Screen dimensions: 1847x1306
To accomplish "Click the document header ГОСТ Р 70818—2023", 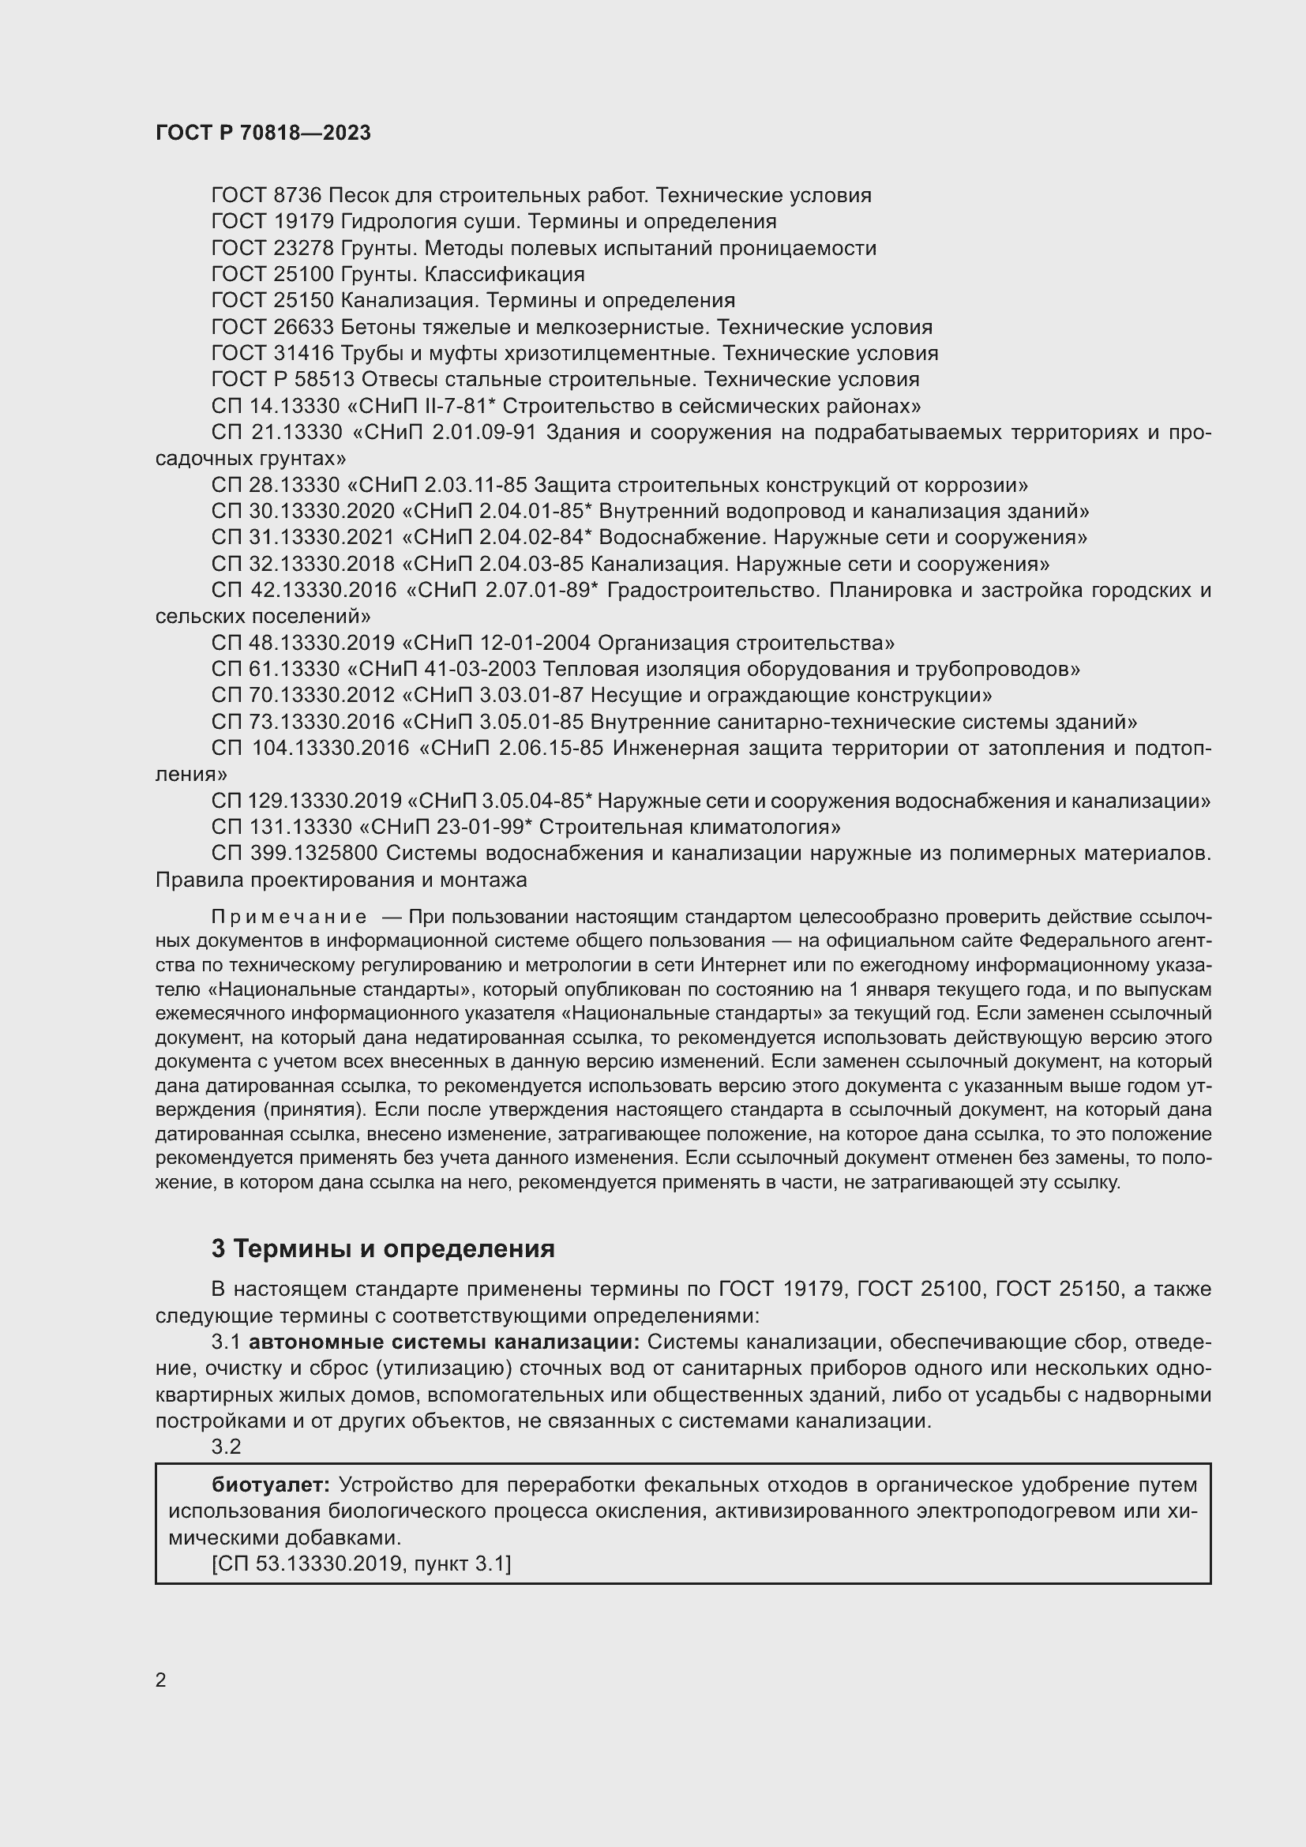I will tap(263, 133).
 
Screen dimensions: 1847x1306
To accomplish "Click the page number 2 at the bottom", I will tap(161, 1680).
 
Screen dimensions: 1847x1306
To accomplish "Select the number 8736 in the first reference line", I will tap(297, 196).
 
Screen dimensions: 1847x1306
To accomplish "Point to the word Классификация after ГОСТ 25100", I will tap(505, 274).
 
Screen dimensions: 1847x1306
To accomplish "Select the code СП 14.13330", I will tap(276, 405).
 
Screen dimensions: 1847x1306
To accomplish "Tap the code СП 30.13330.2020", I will tap(303, 511).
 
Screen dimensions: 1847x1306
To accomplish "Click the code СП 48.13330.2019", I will tap(303, 643).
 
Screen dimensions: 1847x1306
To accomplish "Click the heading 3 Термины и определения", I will tap(383, 1248).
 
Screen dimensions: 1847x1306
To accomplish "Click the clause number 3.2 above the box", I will tap(226, 1447).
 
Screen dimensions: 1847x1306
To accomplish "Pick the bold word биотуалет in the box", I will tap(271, 1485).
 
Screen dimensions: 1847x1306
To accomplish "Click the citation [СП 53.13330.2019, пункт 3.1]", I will tap(361, 1563).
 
